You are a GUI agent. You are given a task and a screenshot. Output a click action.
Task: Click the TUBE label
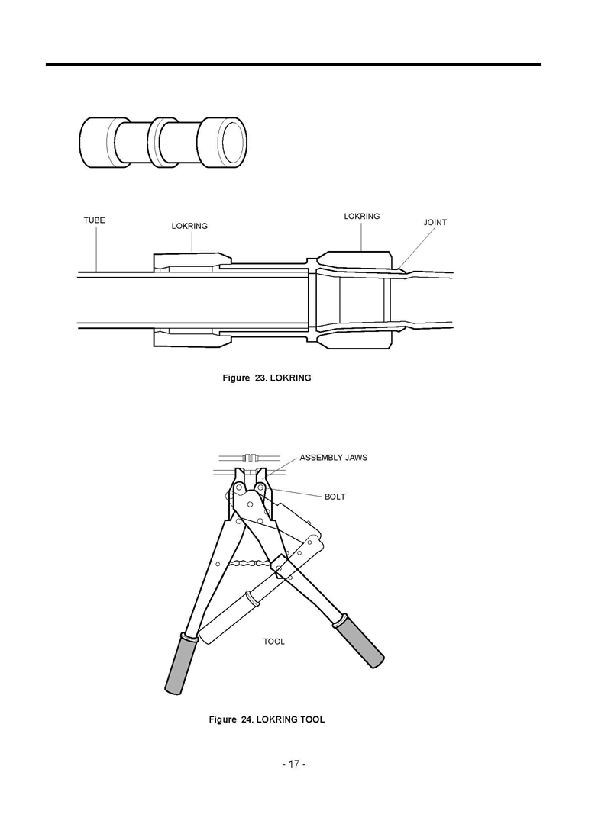pos(94,220)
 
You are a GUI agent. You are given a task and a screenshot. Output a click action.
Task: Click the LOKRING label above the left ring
pos(189,226)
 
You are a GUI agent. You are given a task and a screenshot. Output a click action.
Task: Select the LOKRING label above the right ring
pos(361,216)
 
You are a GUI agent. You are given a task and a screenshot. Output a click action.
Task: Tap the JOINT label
pos(435,222)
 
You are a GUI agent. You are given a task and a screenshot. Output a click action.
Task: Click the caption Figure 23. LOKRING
pos(267,378)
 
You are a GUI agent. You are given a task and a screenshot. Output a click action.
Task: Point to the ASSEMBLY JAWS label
pos(333,458)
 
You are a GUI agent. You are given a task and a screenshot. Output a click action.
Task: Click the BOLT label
pos(335,497)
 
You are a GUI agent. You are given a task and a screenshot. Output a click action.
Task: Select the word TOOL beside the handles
pos(273,642)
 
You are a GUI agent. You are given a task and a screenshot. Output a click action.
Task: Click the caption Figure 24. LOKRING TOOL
pos(267,719)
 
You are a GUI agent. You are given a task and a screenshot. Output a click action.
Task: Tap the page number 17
pos(293,764)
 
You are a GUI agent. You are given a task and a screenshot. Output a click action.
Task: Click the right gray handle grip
pos(358,642)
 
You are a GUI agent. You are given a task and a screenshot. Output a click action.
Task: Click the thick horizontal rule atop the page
pos(293,65)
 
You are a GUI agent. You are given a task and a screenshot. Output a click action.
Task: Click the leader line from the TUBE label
pos(96,248)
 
